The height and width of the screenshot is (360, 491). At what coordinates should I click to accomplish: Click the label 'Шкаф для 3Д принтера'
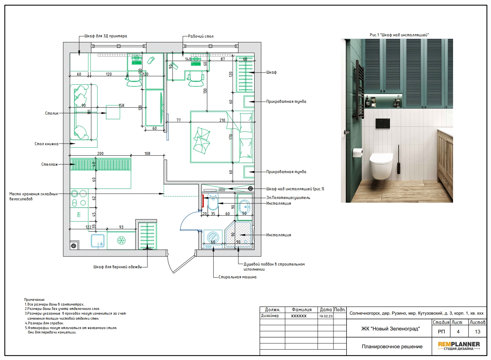[106, 36]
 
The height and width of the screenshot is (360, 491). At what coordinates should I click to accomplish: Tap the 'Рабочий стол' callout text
[200, 36]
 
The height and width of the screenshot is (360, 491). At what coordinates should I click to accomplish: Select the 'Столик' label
[52, 113]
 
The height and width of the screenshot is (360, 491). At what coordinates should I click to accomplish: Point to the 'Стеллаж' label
[50, 164]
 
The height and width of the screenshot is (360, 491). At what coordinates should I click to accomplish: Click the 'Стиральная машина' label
[237, 277]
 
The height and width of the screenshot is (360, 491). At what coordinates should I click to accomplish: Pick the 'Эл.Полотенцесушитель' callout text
[288, 198]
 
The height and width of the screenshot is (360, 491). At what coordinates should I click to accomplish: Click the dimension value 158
[122, 106]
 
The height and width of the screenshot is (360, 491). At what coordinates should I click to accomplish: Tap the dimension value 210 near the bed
[222, 120]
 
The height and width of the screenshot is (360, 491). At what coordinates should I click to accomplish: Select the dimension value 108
[147, 154]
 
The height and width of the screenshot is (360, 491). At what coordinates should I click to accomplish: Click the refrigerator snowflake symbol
[121, 240]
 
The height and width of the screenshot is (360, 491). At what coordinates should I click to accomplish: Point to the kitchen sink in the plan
[98, 241]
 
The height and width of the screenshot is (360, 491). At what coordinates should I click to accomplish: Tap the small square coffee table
[113, 112]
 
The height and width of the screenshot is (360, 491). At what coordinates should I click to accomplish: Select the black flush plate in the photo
[383, 123]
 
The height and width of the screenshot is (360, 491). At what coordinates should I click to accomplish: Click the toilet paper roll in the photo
[357, 152]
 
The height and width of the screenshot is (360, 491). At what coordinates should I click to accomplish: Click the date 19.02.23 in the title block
[326, 316]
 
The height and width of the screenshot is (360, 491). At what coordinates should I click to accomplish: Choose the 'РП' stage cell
[441, 331]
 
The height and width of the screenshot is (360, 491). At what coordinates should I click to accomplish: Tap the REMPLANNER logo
[459, 346]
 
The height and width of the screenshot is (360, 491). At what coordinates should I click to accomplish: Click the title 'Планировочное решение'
[392, 347]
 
